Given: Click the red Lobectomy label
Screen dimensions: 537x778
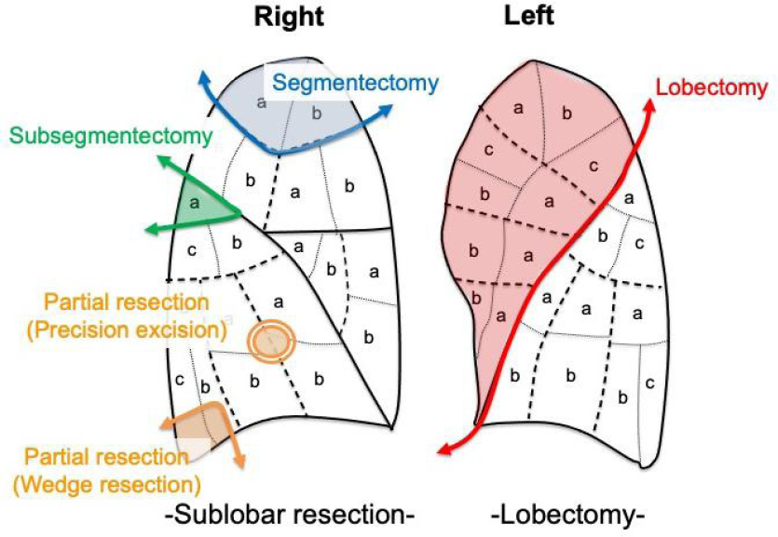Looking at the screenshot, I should [x=712, y=87].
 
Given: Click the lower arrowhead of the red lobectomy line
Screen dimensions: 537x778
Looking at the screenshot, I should [x=444, y=452].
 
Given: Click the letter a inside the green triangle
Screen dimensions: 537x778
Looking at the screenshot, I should [x=195, y=200].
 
